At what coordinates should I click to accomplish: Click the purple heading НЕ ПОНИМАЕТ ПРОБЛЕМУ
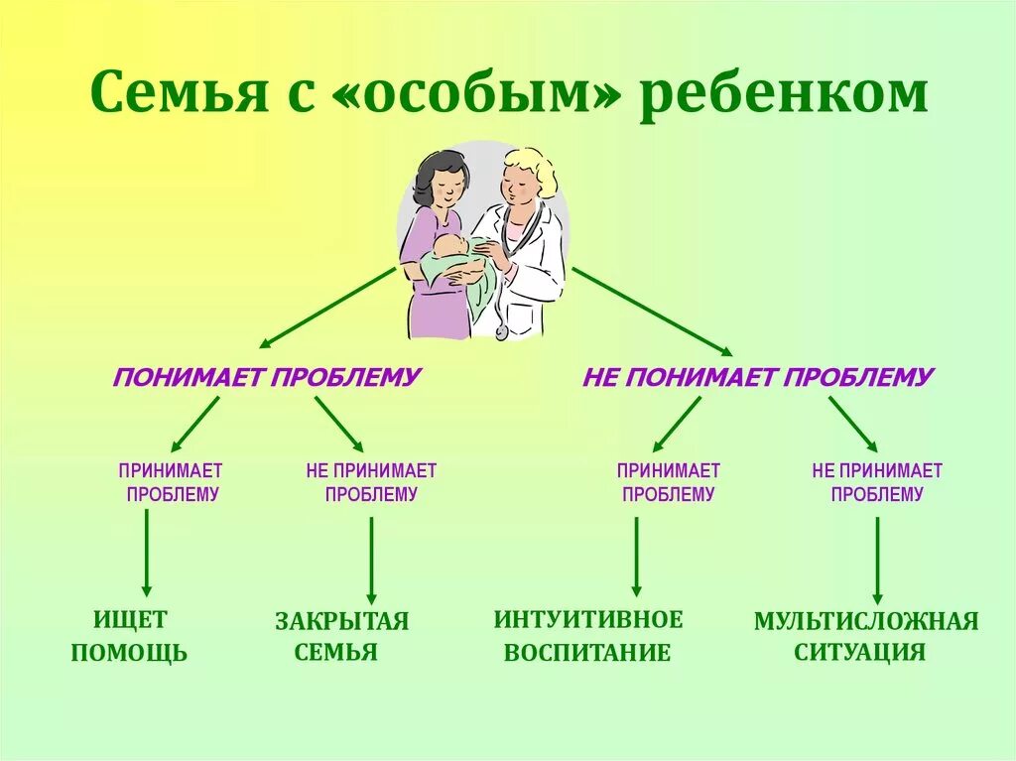758,377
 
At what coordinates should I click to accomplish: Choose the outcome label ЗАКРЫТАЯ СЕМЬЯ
341,636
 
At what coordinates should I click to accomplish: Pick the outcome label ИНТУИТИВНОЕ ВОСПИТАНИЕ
588,636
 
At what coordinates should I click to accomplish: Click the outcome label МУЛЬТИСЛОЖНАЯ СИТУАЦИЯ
866,636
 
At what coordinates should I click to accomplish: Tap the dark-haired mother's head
439,182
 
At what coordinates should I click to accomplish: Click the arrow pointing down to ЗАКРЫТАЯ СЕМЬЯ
371,560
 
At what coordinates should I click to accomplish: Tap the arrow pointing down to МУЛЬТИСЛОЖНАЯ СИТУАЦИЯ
877,560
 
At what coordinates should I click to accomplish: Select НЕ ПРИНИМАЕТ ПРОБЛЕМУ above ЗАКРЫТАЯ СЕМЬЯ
371,482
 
